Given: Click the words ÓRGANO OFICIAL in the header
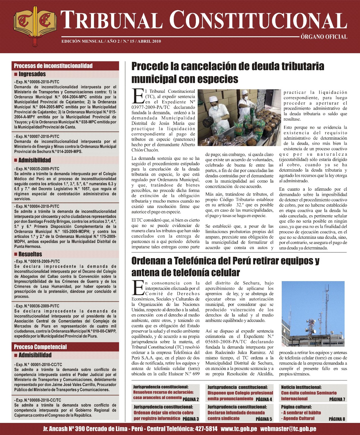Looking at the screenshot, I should (x=324, y=37).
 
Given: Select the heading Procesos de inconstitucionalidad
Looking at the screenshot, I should (x=53, y=66).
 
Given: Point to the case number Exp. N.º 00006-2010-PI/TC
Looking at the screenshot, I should (x=37, y=82).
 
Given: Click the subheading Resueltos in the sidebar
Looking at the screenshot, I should (x=30, y=254).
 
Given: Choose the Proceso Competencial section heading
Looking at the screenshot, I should (x=40, y=347).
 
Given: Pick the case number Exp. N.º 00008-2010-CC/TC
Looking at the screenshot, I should (x=37, y=400).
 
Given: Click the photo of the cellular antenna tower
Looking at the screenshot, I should (x=313, y=314).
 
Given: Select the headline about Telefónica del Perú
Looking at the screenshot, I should (x=225, y=266).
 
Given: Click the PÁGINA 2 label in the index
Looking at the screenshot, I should (x=190, y=399).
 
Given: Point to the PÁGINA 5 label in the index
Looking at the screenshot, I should (x=264, y=419).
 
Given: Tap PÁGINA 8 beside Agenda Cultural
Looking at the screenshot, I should (x=337, y=419).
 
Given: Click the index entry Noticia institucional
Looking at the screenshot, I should (x=301, y=387).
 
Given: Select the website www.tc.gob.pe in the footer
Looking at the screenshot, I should (x=239, y=429).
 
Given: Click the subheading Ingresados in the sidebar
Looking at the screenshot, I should (x=32, y=74).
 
